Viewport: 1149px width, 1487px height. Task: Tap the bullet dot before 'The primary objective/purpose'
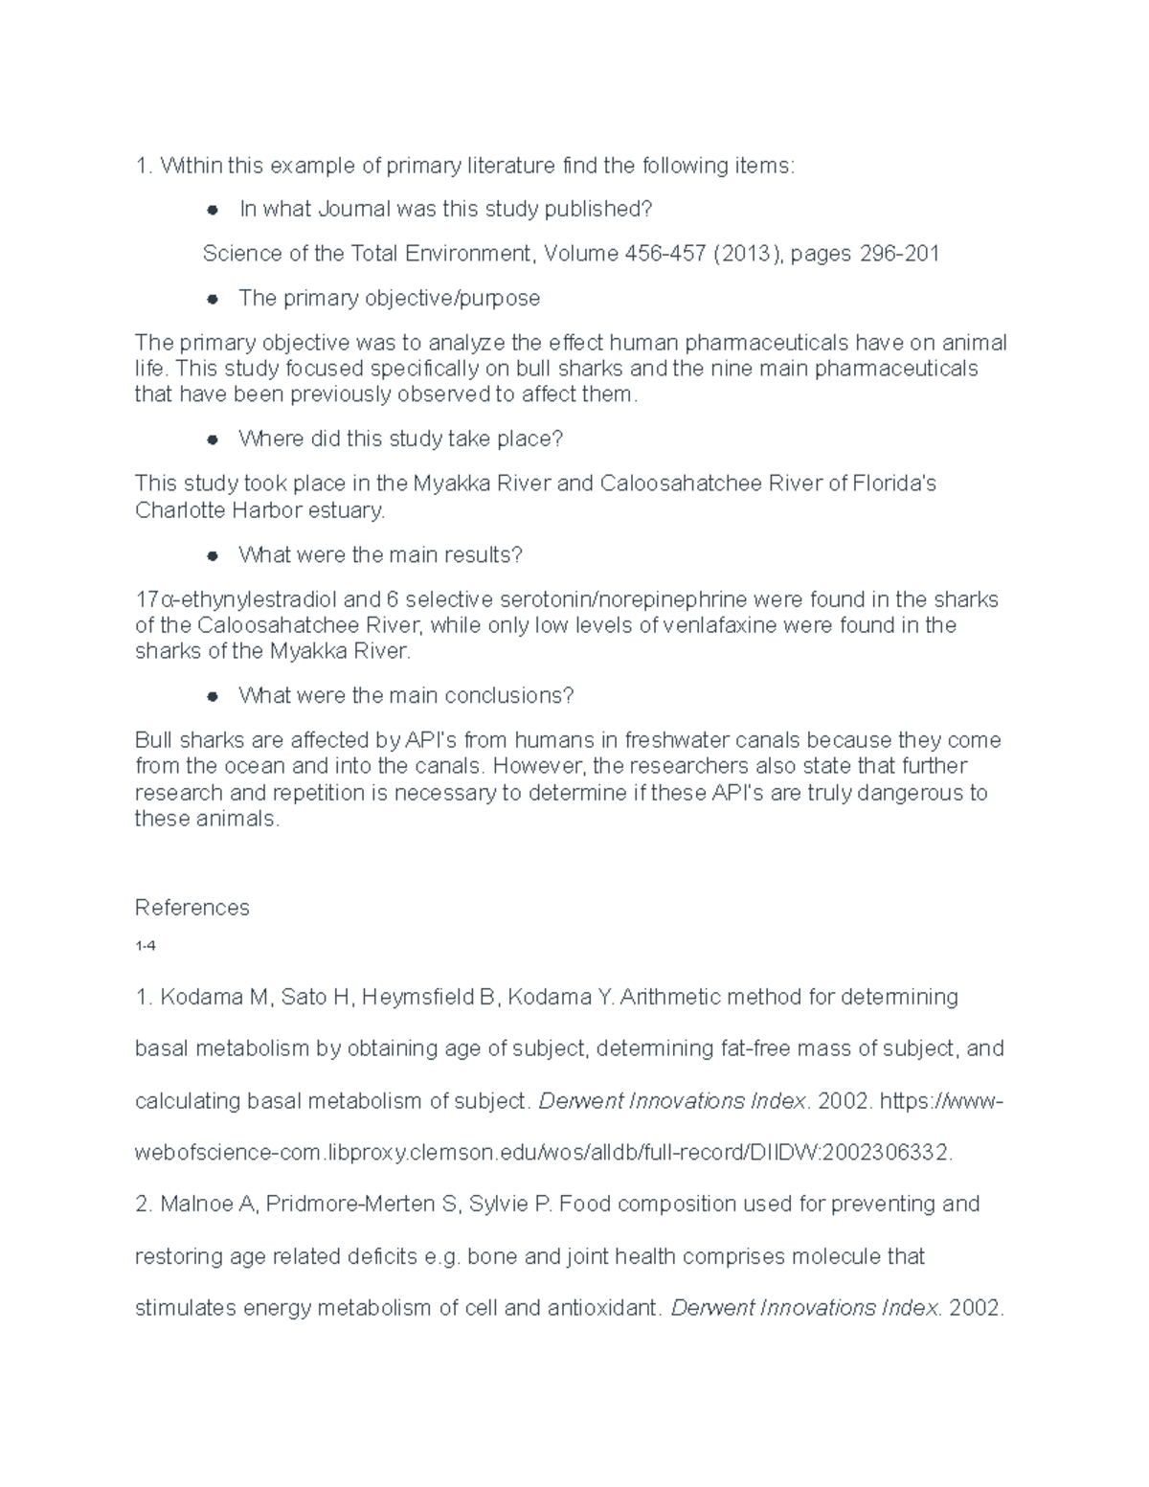pyautogui.click(x=214, y=299)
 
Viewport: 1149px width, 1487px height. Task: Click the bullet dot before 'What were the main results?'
pyautogui.click(x=214, y=555)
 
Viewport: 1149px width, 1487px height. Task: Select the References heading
pyautogui.click(x=191, y=908)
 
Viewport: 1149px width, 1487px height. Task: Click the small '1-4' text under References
pyautogui.click(x=145, y=946)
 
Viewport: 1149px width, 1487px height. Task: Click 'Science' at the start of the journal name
pyautogui.click(x=239, y=254)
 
